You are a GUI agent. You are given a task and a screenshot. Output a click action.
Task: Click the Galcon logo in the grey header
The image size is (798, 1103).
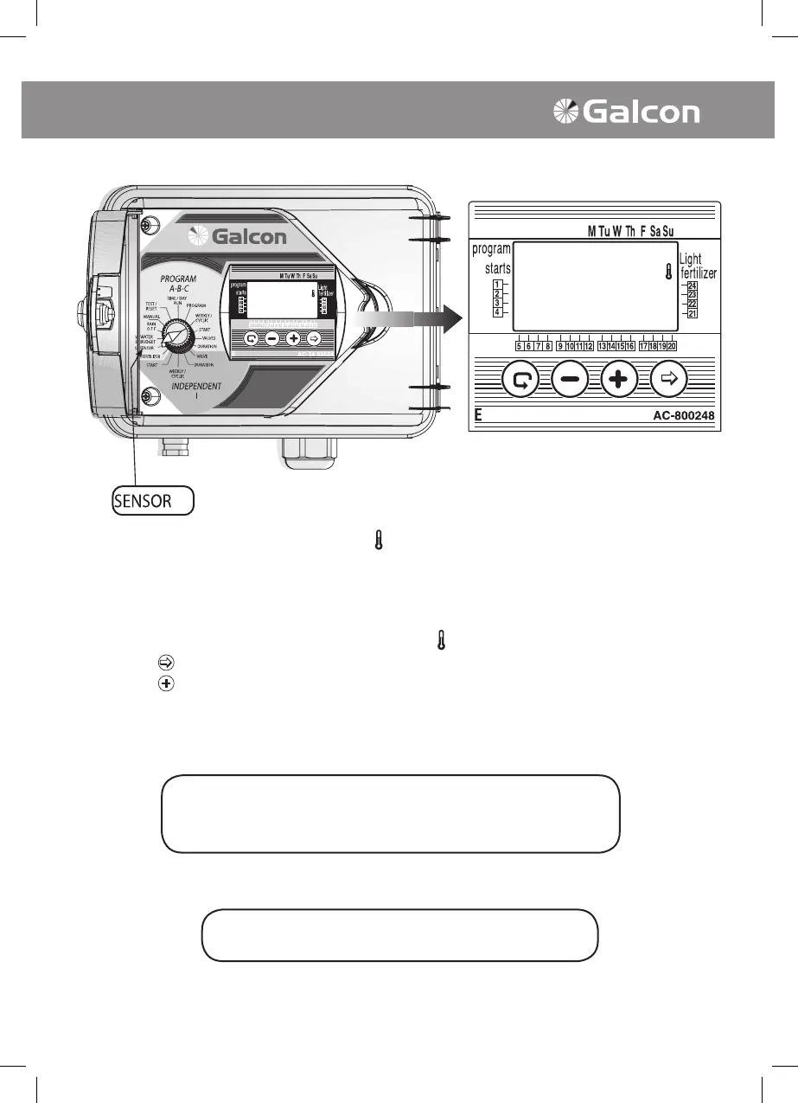click(x=626, y=112)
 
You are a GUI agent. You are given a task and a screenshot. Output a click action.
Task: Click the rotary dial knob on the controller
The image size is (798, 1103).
click(x=176, y=336)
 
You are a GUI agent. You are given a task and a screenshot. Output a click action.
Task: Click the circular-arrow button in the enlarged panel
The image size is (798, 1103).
click(x=520, y=379)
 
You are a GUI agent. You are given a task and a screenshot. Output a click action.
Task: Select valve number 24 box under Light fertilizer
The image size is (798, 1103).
click(x=692, y=286)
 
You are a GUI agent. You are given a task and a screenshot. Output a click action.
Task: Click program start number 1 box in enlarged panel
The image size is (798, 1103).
click(x=498, y=284)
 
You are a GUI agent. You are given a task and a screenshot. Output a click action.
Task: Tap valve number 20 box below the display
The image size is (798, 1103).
click(x=671, y=346)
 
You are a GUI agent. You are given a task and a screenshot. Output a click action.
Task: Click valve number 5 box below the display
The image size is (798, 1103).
click(x=519, y=346)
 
